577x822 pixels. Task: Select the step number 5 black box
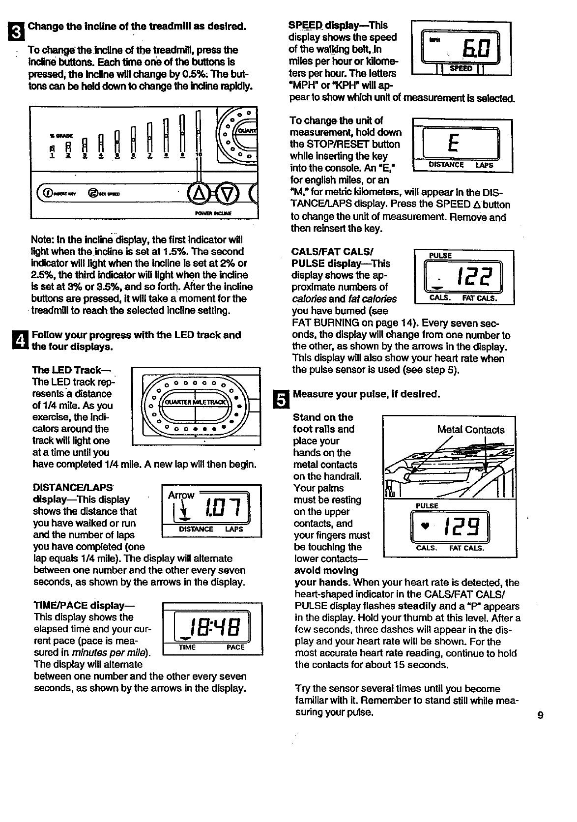(278, 399)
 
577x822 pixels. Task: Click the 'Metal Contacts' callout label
(471, 430)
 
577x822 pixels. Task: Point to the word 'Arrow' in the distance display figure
(181, 495)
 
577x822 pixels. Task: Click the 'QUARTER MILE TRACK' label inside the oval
(196, 402)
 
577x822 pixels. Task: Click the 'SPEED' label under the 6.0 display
(461, 68)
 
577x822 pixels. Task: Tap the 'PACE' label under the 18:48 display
(235, 647)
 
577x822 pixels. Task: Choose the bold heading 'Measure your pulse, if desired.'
(366, 394)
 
